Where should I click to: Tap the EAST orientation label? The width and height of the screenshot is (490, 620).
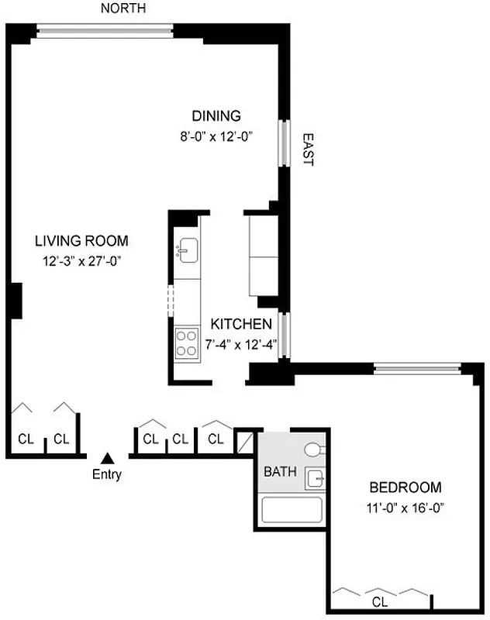coord(308,149)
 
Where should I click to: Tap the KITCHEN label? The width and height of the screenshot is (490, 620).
coord(242,325)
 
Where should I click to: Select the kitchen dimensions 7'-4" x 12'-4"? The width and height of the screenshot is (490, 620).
coord(242,343)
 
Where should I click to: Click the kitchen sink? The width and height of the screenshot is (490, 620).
coord(188,250)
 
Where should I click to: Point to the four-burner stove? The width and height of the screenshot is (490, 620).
coord(187,343)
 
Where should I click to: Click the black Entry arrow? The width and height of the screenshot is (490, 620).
coord(109,458)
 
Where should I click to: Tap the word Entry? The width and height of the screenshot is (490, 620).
coord(107,475)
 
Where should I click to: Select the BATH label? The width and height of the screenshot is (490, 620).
coord(279,471)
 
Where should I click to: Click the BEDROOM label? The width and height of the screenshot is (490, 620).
coord(405,488)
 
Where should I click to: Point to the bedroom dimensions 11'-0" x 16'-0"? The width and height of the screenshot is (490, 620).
coord(405,508)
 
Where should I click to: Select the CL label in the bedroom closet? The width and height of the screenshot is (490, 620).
coord(380,601)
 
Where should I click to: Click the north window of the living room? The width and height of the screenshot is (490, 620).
coord(105,31)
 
